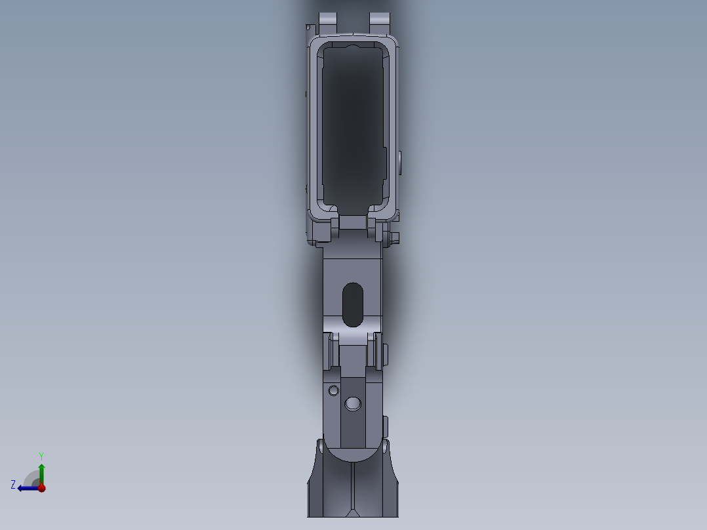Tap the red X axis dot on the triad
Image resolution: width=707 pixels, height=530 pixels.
coord(41,488)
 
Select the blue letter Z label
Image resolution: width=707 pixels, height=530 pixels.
coord(13,484)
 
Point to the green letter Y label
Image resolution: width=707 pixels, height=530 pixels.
coord(41,455)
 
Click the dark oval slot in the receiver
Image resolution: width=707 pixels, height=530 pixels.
coord(353,304)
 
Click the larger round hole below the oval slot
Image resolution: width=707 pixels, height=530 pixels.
coord(353,403)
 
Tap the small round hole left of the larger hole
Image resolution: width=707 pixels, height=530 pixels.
coord(333,391)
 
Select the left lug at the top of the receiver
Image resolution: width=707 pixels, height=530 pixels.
coord(327,20)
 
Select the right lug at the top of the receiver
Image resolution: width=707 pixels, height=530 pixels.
coord(380,20)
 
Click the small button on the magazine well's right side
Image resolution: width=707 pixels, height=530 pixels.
coord(400,161)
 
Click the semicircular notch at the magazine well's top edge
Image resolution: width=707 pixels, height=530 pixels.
coord(352,47)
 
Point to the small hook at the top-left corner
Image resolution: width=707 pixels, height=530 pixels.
coord(308,28)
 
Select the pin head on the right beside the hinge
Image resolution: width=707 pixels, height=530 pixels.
coord(386,354)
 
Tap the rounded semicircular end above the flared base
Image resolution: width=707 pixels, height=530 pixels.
coord(353,453)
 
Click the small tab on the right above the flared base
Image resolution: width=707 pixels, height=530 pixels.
coord(386,425)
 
